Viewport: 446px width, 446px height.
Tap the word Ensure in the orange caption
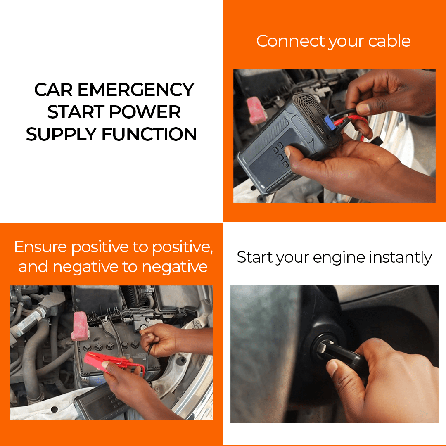click(40, 247)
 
